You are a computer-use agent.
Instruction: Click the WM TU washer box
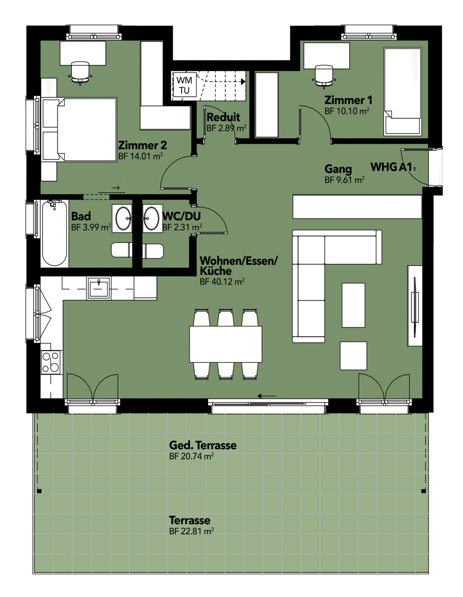(x=184, y=85)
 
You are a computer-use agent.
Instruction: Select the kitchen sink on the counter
(x=99, y=288)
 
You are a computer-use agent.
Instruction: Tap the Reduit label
(x=223, y=117)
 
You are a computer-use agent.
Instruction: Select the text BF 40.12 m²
(x=222, y=282)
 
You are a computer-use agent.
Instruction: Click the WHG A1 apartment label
(x=393, y=167)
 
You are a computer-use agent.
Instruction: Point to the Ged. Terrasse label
(x=203, y=445)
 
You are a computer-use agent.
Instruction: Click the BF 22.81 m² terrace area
(x=191, y=532)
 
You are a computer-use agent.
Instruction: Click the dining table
(x=226, y=344)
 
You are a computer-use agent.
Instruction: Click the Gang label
(x=338, y=169)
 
